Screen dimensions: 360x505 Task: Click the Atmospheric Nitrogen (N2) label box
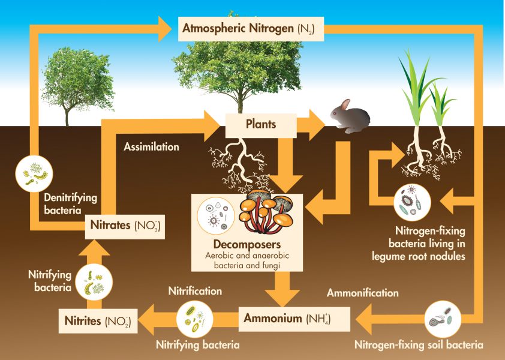[251, 28]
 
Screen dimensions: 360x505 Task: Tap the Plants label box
[261, 125]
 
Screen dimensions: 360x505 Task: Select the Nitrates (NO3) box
[125, 227]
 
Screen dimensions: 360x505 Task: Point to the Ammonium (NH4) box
[287, 319]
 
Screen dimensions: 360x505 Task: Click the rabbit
[351, 118]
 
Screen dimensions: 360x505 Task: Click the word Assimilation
[151, 146]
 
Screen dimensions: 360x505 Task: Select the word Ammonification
[362, 293]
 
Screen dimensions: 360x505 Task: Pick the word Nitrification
[195, 291]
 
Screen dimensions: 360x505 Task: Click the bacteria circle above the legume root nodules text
[412, 202]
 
